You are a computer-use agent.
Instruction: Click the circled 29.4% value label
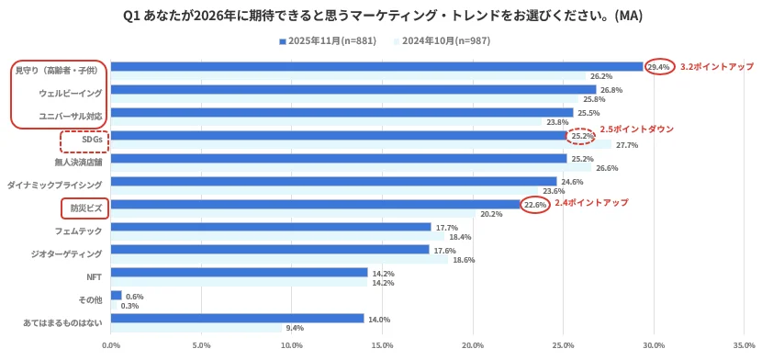tap(658, 67)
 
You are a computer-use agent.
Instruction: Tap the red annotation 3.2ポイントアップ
tap(716, 67)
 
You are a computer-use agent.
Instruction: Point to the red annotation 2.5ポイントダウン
tap(636, 129)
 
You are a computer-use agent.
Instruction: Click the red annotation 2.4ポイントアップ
tap(591, 202)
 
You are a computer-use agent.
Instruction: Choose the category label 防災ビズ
tap(84, 208)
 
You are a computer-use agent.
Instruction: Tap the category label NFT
tap(94, 276)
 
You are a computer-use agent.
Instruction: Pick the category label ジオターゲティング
tap(66, 253)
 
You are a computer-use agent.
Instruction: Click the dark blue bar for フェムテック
tap(271, 227)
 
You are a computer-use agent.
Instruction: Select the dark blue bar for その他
tap(117, 296)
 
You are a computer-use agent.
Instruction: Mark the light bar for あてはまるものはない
tap(196, 328)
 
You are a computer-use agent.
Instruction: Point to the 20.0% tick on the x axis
tap(473, 346)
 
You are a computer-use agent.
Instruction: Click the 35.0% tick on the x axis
tap(744, 346)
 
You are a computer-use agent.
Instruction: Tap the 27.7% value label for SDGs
tap(627, 145)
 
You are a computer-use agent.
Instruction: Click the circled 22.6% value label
tap(535, 205)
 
